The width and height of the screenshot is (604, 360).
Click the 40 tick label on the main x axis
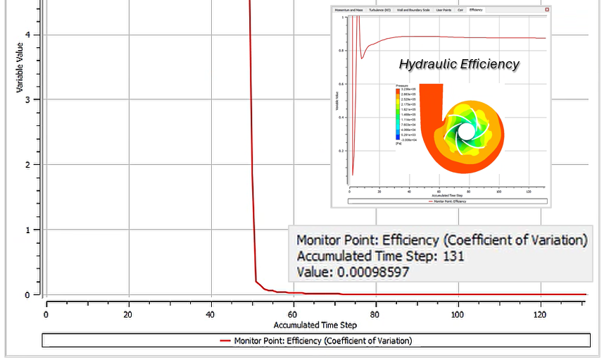[x=210, y=314]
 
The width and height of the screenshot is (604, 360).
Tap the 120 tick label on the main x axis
[x=540, y=314]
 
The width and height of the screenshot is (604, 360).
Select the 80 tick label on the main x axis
[x=375, y=314]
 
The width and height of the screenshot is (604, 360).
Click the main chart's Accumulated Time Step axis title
[x=315, y=325]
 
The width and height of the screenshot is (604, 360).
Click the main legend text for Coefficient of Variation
[x=322, y=341]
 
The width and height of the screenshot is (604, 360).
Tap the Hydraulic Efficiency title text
[x=459, y=64]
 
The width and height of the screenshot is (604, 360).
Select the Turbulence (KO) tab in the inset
[x=379, y=11]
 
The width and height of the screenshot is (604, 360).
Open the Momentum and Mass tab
[x=349, y=11]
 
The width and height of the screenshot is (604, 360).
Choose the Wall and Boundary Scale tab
[x=414, y=11]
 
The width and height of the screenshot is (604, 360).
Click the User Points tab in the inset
[x=444, y=11]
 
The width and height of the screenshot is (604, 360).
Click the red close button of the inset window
[x=546, y=10]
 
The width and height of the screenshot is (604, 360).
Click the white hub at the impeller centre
[x=467, y=132]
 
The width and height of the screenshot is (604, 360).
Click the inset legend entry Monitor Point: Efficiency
[x=448, y=201]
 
